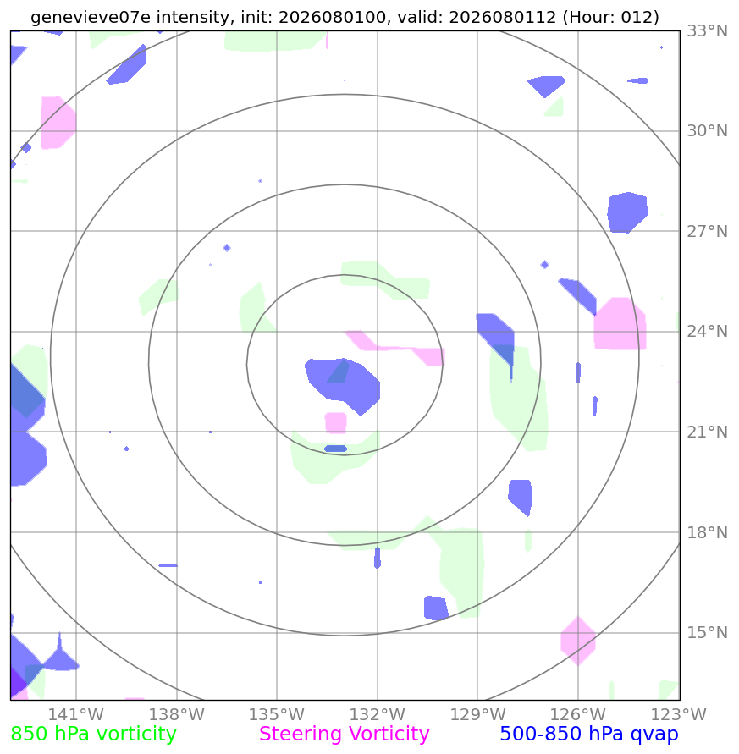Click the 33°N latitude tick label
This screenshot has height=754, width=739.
tap(707, 30)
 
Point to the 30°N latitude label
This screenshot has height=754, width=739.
tap(707, 131)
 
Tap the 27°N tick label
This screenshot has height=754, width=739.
tap(707, 231)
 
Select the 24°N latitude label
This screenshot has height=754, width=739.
tap(707, 332)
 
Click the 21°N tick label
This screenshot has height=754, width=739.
tap(707, 432)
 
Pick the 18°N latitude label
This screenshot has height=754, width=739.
tap(707, 532)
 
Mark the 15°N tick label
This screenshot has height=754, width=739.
tap(707, 632)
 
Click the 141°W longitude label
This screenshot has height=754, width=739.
tap(76, 714)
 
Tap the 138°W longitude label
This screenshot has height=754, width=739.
tap(177, 714)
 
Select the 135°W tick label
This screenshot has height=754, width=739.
tap(277, 714)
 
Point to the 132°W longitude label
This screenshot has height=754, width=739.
tap(378, 714)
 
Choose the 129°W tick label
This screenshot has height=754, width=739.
tap(477, 714)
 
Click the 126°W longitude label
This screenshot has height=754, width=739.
tap(578, 714)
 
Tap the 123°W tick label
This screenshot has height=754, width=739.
tap(678, 714)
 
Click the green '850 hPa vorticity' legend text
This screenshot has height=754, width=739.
tap(93, 735)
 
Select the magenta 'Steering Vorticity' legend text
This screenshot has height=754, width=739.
tap(344, 735)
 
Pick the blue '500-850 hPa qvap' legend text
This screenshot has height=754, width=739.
tap(589, 735)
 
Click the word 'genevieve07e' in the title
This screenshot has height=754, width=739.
tap(91, 17)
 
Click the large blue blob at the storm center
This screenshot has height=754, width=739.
tap(344, 383)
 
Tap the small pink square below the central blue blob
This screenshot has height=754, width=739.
tap(336, 423)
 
